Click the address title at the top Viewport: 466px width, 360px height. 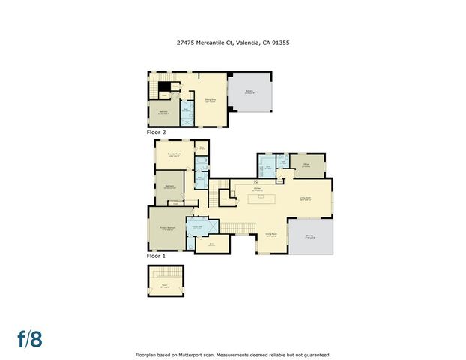pyautogui.click(x=232, y=43)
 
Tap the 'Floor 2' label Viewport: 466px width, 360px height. pyautogui.click(x=156, y=132)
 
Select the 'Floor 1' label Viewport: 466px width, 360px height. pyautogui.click(x=156, y=256)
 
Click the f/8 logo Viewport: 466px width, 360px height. pyautogui.click(x=31, y=338)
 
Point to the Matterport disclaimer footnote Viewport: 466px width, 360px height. pyautogui.click(x=232, y=354)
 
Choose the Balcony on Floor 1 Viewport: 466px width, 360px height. pyautogui.click(x=311, y=235)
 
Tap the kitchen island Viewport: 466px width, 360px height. pyautogui.click(x=261, y=199)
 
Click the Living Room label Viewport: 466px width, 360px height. pyautogui.click(x=307, y=199)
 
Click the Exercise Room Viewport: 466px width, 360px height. pyautogui.click(x=174, y=155)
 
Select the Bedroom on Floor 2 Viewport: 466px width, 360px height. pyautogui.click(x=163, y=112)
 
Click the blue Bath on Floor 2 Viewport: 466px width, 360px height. pyautogui.click(x=187, y=111)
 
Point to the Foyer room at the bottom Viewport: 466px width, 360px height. pyautogui.click(x=164, y=285)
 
